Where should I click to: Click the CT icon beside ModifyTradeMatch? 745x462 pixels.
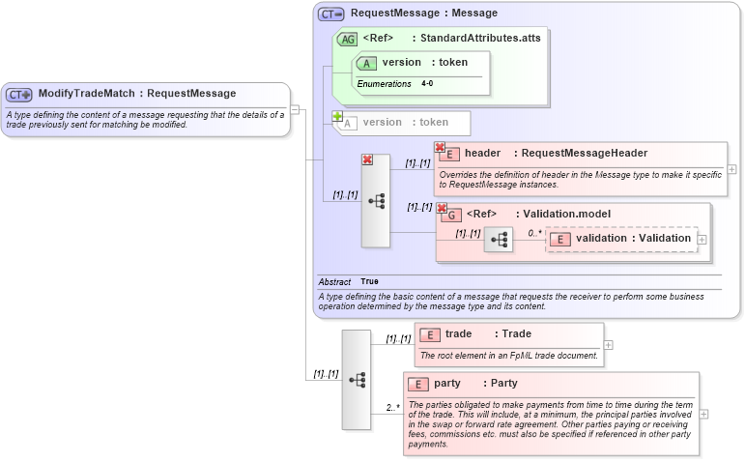coord(19,94)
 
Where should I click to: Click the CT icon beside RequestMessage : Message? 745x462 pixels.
coord(331,14)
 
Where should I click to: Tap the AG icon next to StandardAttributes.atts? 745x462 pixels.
coord(346,39)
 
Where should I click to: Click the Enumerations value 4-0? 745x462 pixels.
coord(427,84)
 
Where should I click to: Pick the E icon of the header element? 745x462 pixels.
coord(449,154)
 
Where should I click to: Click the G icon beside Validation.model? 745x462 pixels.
coord(451,215)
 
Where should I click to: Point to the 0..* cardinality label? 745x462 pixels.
coord(534,233)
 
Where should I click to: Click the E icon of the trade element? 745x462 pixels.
coord(430,334)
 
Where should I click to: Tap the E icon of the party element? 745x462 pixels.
coord(418,384)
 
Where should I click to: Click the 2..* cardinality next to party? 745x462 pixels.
coord(392,407)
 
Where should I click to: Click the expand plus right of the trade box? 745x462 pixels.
coord(608,344)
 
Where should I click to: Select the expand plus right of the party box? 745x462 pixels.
coord(703,414)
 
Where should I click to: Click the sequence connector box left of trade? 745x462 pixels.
coord(356,379)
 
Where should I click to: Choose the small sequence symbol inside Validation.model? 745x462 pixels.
coord(499,239)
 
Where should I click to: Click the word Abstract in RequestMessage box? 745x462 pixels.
coord(334,282)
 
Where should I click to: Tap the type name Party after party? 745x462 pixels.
coord(503,384)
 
